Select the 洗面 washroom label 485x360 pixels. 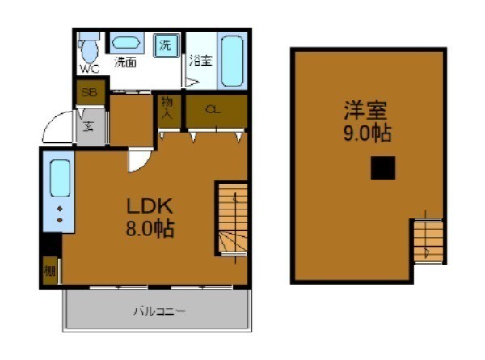(124, 61)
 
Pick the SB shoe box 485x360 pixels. (88, 92)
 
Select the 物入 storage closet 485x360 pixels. (168, 108)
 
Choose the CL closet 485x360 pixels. (213, 111)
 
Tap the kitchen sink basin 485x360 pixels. (61, 179)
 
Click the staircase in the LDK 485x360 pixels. (230, 221)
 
